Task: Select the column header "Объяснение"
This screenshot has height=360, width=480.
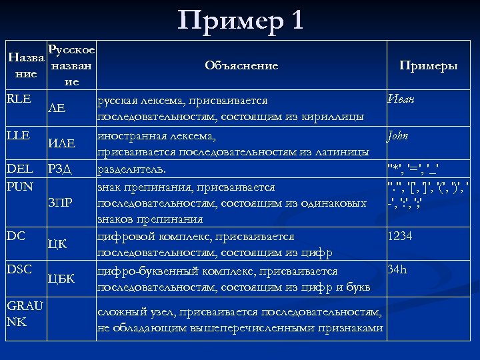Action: (241, 65)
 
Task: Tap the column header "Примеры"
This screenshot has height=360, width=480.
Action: (428, 65)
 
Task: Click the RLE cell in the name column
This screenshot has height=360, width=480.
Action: (19, 99)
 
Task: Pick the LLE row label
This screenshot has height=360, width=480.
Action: (18, 135)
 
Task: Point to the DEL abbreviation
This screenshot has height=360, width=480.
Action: (19, 169)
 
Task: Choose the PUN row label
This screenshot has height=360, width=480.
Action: (19, 185)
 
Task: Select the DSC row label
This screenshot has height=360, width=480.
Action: (19, 269)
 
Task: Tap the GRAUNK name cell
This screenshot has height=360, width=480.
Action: (25, 313)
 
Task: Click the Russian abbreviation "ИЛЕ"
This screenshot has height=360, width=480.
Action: (61, 143)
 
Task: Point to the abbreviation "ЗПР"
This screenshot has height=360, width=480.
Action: (59, 201)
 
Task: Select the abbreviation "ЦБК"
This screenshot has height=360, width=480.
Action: (61, 278)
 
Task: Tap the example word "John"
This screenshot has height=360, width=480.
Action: (399, 135)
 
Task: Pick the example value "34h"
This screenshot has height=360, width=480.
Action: (398, 270)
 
